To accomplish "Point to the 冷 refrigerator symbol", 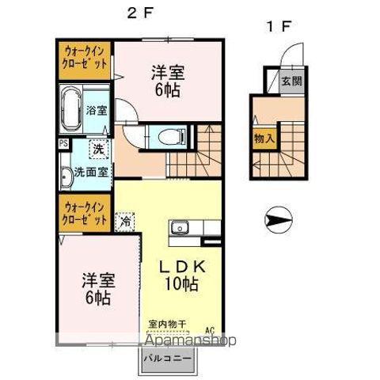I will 125,223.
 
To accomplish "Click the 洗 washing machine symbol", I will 98,149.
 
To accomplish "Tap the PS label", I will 62,145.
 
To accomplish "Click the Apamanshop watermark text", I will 189,342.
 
